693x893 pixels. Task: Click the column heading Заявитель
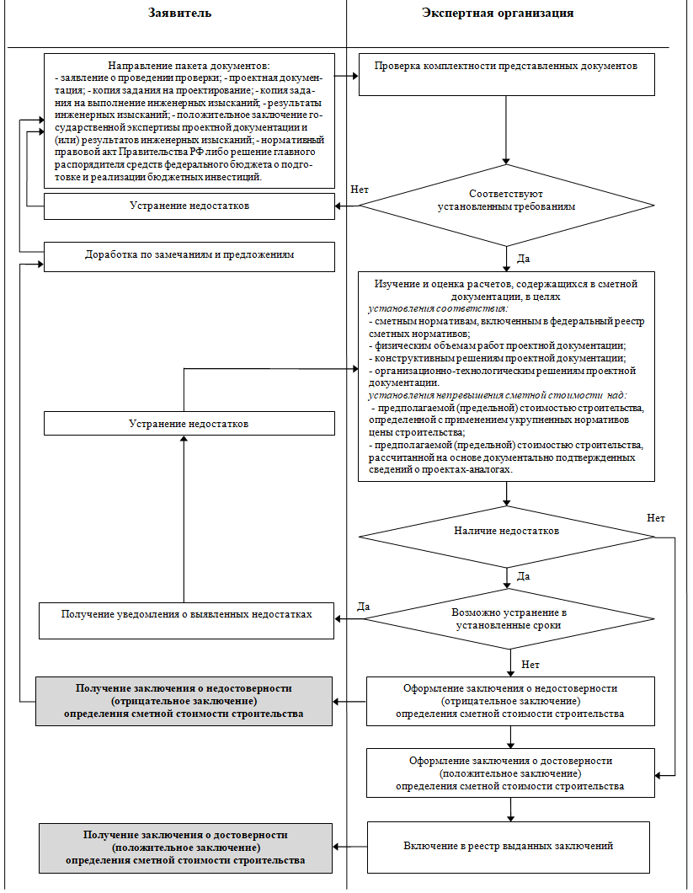179,13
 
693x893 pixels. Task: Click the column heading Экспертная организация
498,13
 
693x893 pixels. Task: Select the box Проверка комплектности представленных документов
506,75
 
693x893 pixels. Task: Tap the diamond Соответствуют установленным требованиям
506,205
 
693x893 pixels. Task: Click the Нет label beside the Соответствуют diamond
360,190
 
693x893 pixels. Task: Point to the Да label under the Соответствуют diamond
523,259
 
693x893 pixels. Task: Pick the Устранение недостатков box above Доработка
189,206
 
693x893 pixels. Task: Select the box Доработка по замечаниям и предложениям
189,257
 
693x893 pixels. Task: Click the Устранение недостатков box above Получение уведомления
189,424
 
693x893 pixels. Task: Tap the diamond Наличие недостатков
506,537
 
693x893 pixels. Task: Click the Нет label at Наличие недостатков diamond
655,518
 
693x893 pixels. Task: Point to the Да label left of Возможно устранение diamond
363,607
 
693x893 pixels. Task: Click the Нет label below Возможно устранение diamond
530,665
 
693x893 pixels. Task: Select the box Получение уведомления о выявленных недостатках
186,621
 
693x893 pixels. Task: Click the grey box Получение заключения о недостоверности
184,701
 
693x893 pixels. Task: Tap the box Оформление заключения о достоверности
510,773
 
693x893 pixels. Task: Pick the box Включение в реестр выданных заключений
509,847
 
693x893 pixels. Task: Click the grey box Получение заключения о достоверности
185,848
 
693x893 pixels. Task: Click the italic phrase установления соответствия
438,308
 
